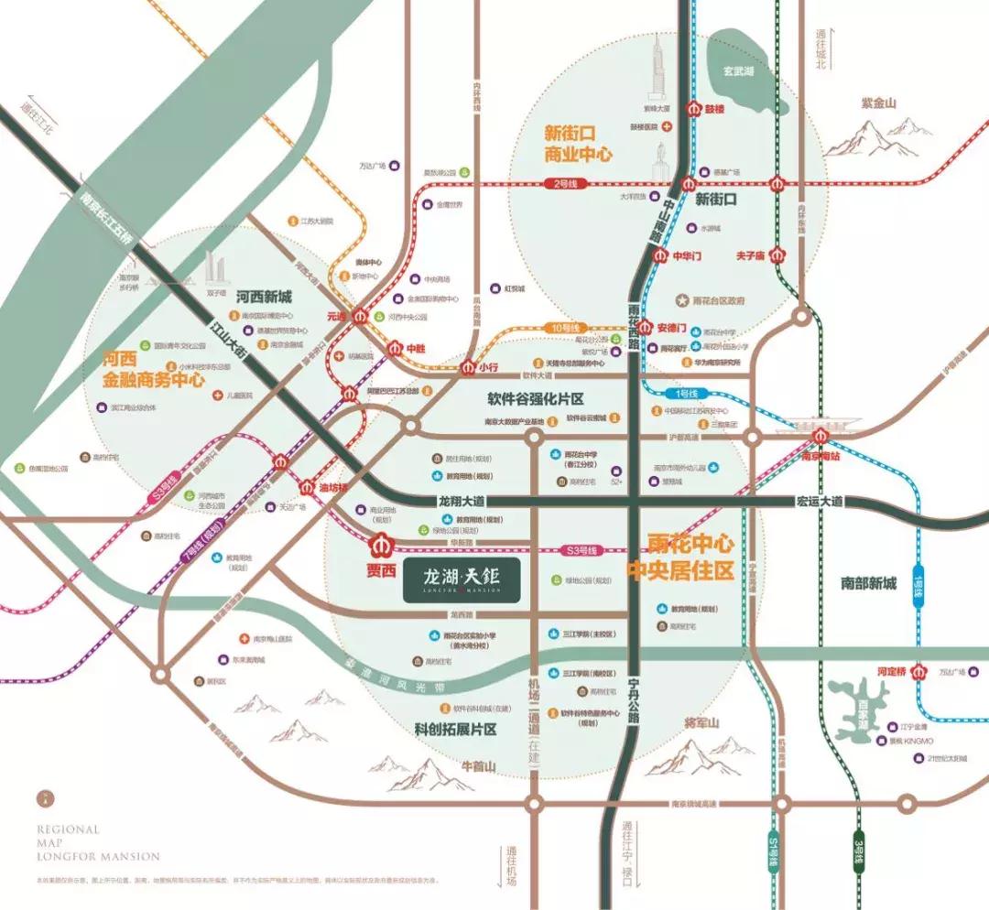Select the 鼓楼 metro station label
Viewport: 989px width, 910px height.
click(713, 108)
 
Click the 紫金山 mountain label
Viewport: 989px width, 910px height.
click(877, 103)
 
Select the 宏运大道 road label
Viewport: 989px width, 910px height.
click(819, 502)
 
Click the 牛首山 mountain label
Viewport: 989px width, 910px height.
click(477, 765)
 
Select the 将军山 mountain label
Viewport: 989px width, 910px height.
click(702, 723)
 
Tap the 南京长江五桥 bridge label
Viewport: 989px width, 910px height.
click(106, 221)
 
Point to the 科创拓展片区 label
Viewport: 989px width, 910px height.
click(454, 730)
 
